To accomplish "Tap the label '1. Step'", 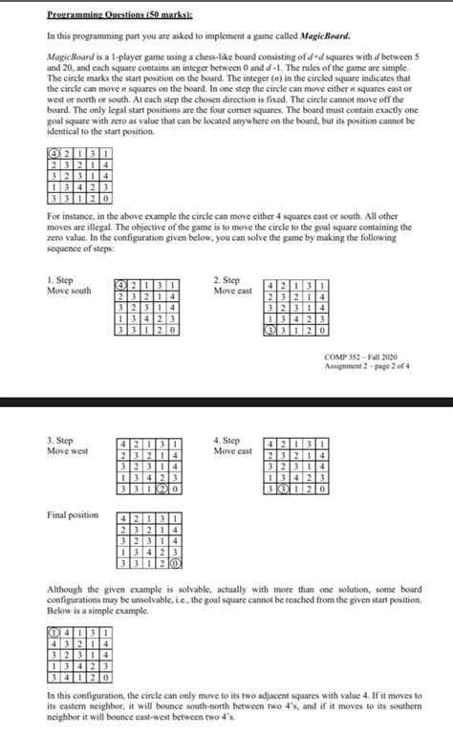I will [61, 280].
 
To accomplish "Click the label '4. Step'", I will [230, 440].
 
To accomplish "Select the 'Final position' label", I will [72, 515].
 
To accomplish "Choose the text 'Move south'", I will [68, 291].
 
